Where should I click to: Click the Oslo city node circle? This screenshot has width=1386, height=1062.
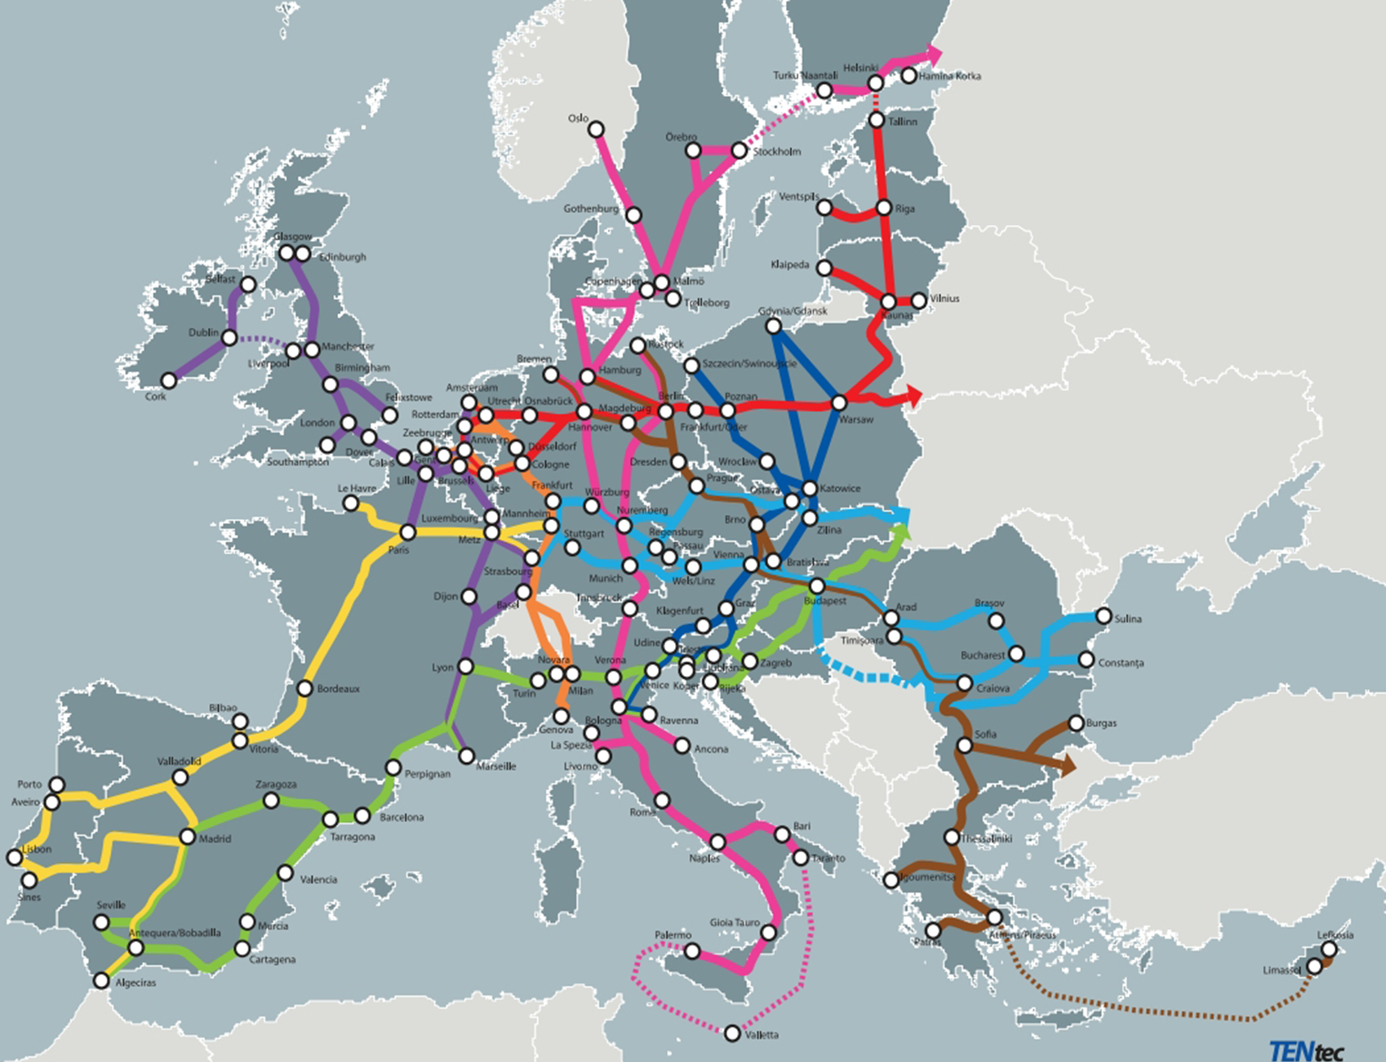(596, 130)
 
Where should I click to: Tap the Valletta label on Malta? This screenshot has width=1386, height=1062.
(762, 1035)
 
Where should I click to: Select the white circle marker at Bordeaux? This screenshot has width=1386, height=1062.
(304, 688)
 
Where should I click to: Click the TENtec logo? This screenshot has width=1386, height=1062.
(1305, 1050)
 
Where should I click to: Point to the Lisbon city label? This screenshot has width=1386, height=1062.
(37, 849)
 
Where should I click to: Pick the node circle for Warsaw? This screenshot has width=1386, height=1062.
(839, 402)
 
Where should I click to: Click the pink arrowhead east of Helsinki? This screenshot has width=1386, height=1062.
(932, 54)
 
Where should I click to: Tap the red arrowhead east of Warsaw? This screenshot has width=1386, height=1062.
(913, 398)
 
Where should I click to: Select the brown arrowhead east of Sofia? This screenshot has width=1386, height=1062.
(1067, 765)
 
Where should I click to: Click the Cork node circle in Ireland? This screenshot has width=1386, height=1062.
(168, 380)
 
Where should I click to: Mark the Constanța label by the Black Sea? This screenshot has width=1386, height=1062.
(1121, 663)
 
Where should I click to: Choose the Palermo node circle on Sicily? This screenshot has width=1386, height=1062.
(691, 951)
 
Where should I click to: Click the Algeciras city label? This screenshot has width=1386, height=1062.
(135, 983)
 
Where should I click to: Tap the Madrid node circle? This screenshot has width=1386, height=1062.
(188, 837)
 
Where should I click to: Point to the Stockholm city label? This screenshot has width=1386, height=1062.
(776, 152)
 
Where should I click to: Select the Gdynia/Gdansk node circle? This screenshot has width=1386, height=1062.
(773, 327)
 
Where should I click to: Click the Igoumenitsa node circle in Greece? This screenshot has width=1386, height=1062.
(891, 880)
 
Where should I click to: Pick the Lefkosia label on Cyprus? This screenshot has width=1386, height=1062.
(1335, 935)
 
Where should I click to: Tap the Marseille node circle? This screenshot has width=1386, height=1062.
(466, 756)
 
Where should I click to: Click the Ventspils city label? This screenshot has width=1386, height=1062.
(797, 197)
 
